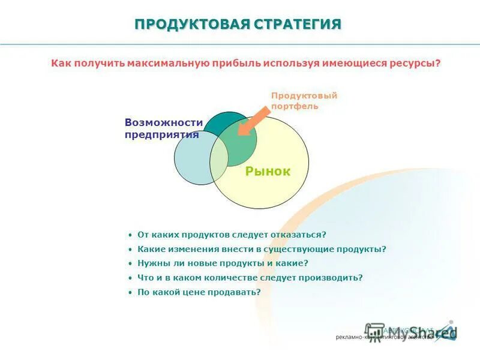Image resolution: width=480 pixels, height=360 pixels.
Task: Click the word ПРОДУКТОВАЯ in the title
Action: (x=191, y=25)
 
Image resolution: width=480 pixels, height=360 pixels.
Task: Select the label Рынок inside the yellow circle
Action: (x=268, y=172)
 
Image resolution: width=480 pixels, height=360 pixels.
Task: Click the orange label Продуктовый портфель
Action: (x=304, y=101)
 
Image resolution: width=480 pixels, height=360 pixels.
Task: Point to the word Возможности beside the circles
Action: (x=163, y=122)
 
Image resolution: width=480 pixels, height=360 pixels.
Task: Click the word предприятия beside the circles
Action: (x=161, y=134)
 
